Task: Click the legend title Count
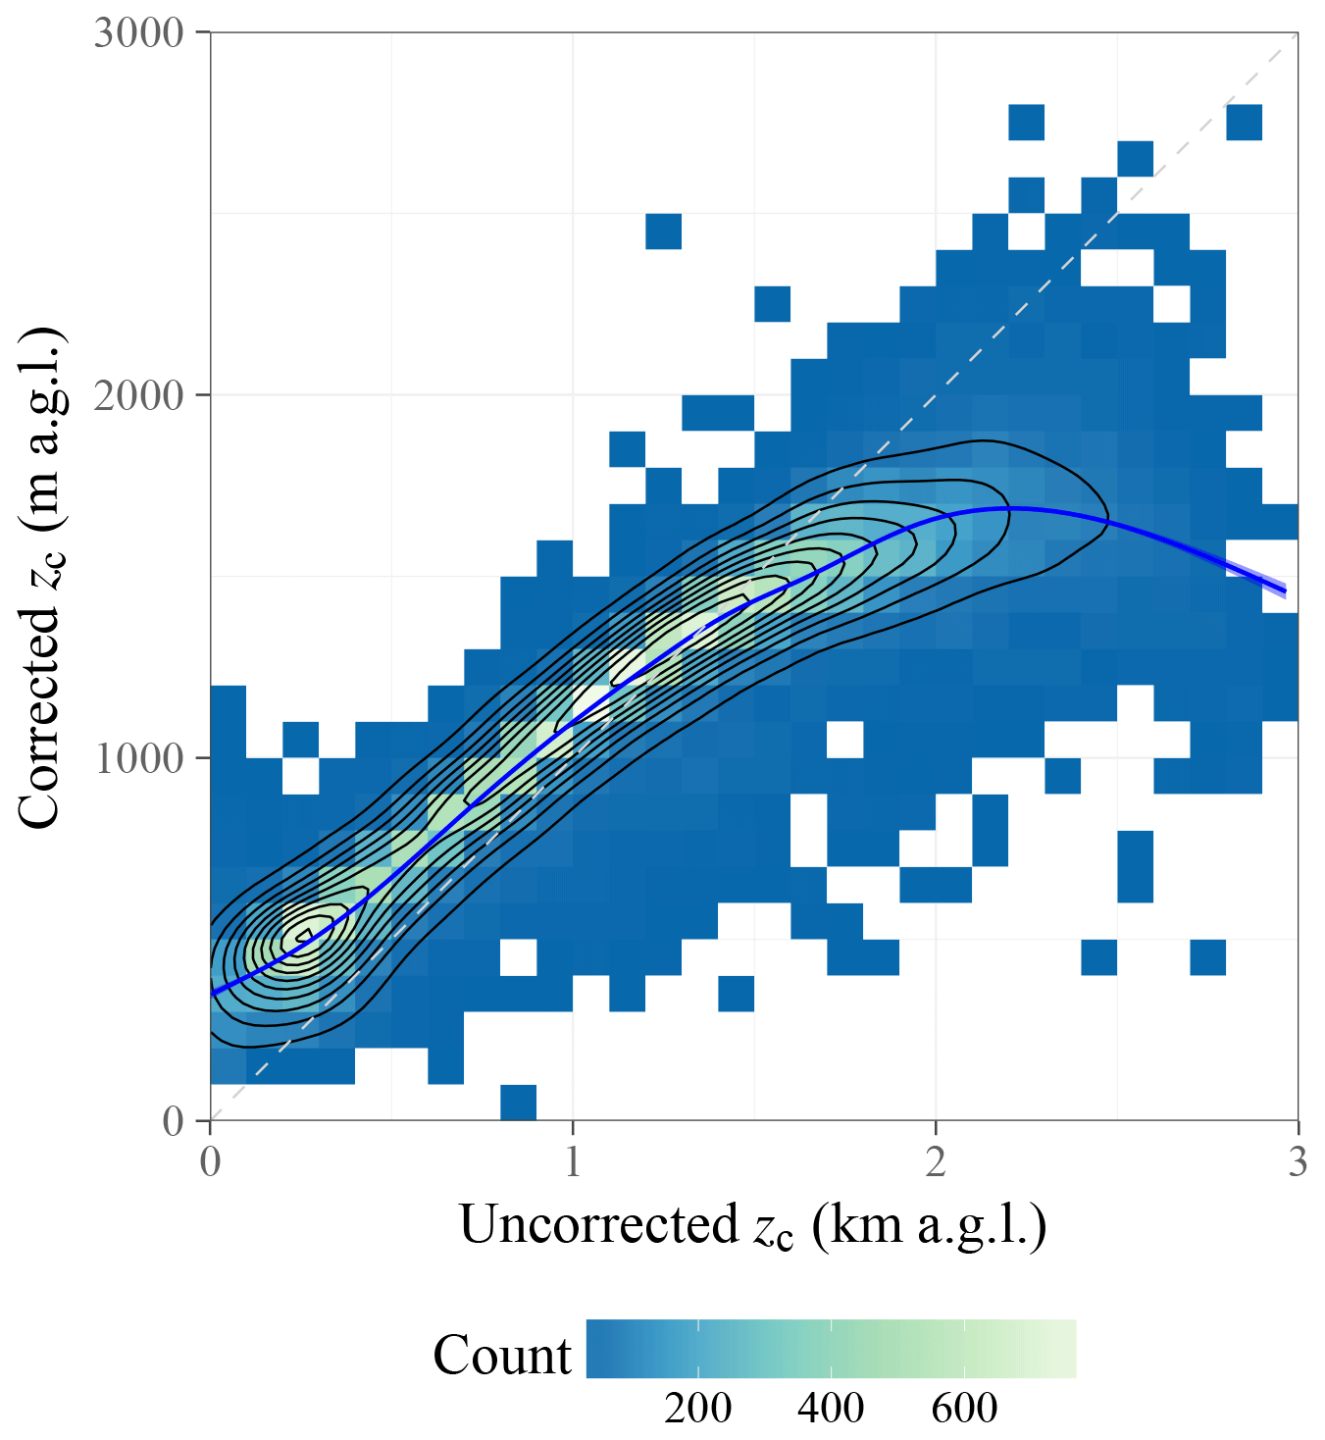[502, 1355]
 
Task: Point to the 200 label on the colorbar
[697, 1408]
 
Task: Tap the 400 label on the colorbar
[831, 1408]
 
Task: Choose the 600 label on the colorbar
[964, 1408]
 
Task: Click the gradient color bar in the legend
[831, 1349]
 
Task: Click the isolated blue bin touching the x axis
[518, 1103]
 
